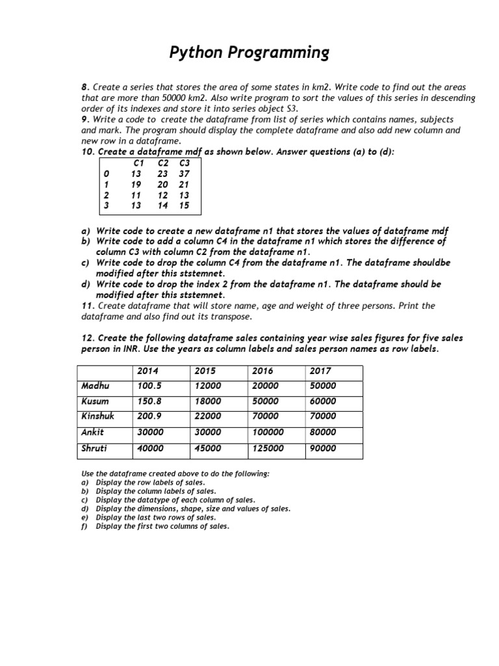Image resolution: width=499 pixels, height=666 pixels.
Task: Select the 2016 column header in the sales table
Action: coord(263,371)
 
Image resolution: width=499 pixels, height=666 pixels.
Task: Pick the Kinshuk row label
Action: coord(97,416)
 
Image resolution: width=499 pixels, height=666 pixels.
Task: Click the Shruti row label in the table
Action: coord(94,447)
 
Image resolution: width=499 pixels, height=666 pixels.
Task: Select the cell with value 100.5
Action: coord(149,386)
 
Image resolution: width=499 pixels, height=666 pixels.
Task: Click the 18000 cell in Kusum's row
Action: coord(207,401)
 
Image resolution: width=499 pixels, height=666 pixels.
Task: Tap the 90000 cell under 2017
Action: coord(323,447)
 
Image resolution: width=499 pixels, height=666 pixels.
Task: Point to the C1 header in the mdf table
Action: coord(138,163)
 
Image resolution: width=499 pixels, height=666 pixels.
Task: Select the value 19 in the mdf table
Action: coord(136,184)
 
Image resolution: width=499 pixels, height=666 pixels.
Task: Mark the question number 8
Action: coord(84,87)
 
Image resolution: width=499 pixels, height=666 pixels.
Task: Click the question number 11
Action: coord(86,305)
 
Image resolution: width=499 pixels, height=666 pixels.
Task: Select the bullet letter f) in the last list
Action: coord(84,526)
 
